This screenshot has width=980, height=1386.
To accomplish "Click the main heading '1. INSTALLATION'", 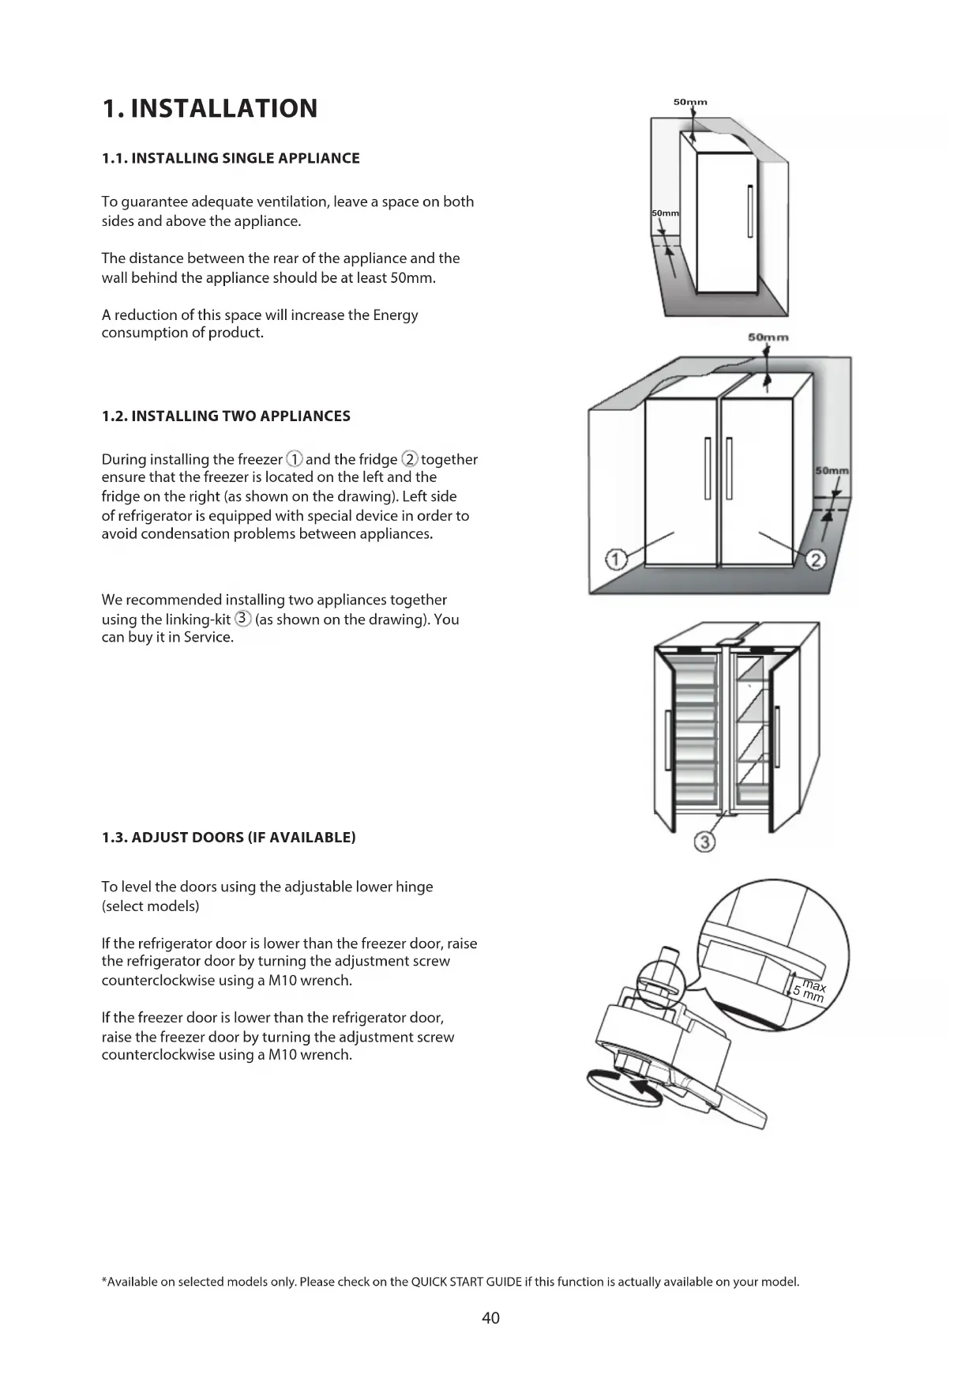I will click(209, 108).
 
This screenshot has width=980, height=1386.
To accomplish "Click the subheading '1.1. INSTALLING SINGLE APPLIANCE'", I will click(231, 158).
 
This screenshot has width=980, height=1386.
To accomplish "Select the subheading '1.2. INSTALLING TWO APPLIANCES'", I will click(226, 416).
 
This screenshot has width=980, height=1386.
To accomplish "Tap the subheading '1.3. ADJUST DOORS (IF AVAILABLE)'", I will click(228, 838).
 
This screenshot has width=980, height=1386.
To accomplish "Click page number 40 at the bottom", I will click(490, 1317).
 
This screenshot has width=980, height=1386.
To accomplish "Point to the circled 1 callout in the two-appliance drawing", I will click(615, 559).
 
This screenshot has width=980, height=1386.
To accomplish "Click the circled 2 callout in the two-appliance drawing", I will click(816, 559).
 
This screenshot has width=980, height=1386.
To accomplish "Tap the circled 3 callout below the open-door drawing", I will click(704, 842).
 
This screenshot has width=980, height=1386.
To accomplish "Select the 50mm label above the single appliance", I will click(690, 102).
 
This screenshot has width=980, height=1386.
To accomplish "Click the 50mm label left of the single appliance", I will click(665, 213).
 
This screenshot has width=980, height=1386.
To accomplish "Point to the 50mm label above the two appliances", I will click(768, 337).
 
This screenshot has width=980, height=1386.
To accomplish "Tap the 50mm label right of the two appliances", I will click(832, 471).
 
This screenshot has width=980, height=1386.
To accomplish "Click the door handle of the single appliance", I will click(749, 209).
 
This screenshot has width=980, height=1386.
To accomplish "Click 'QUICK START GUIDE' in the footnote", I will click(467, 1282).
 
